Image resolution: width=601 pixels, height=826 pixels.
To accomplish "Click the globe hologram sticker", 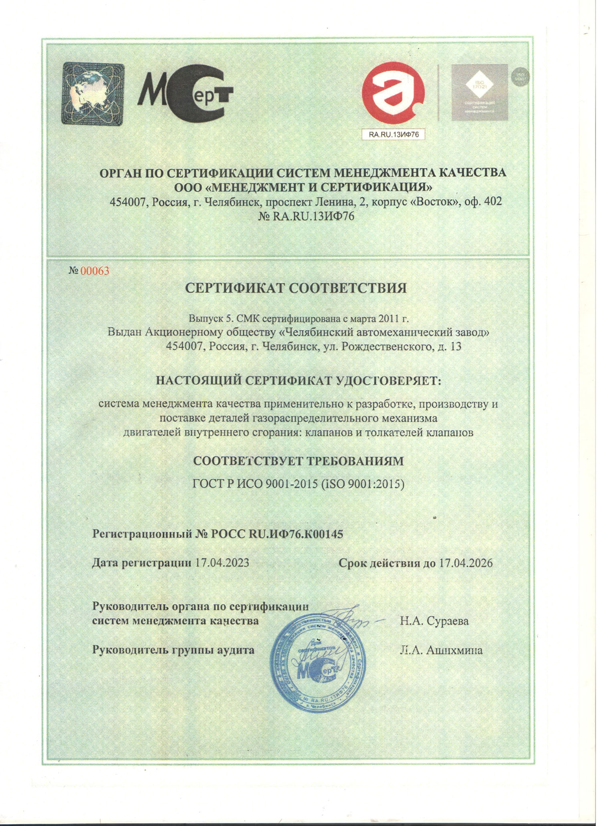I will click(93, 93).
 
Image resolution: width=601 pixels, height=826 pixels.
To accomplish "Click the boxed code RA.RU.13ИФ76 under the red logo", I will click(393, 135).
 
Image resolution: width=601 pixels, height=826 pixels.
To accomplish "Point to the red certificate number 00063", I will click(95, 271).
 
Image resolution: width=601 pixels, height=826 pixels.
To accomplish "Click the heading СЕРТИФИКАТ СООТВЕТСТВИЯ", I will click(296, 288).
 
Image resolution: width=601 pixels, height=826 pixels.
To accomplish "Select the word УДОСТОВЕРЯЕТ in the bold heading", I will click(387, 380).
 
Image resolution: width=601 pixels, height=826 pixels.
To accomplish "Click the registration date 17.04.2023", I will click(222, 563).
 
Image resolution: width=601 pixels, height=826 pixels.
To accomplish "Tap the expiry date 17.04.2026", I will click(466, 563).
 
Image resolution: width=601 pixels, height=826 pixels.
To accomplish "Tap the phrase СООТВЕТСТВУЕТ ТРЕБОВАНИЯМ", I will click(298, 461).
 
